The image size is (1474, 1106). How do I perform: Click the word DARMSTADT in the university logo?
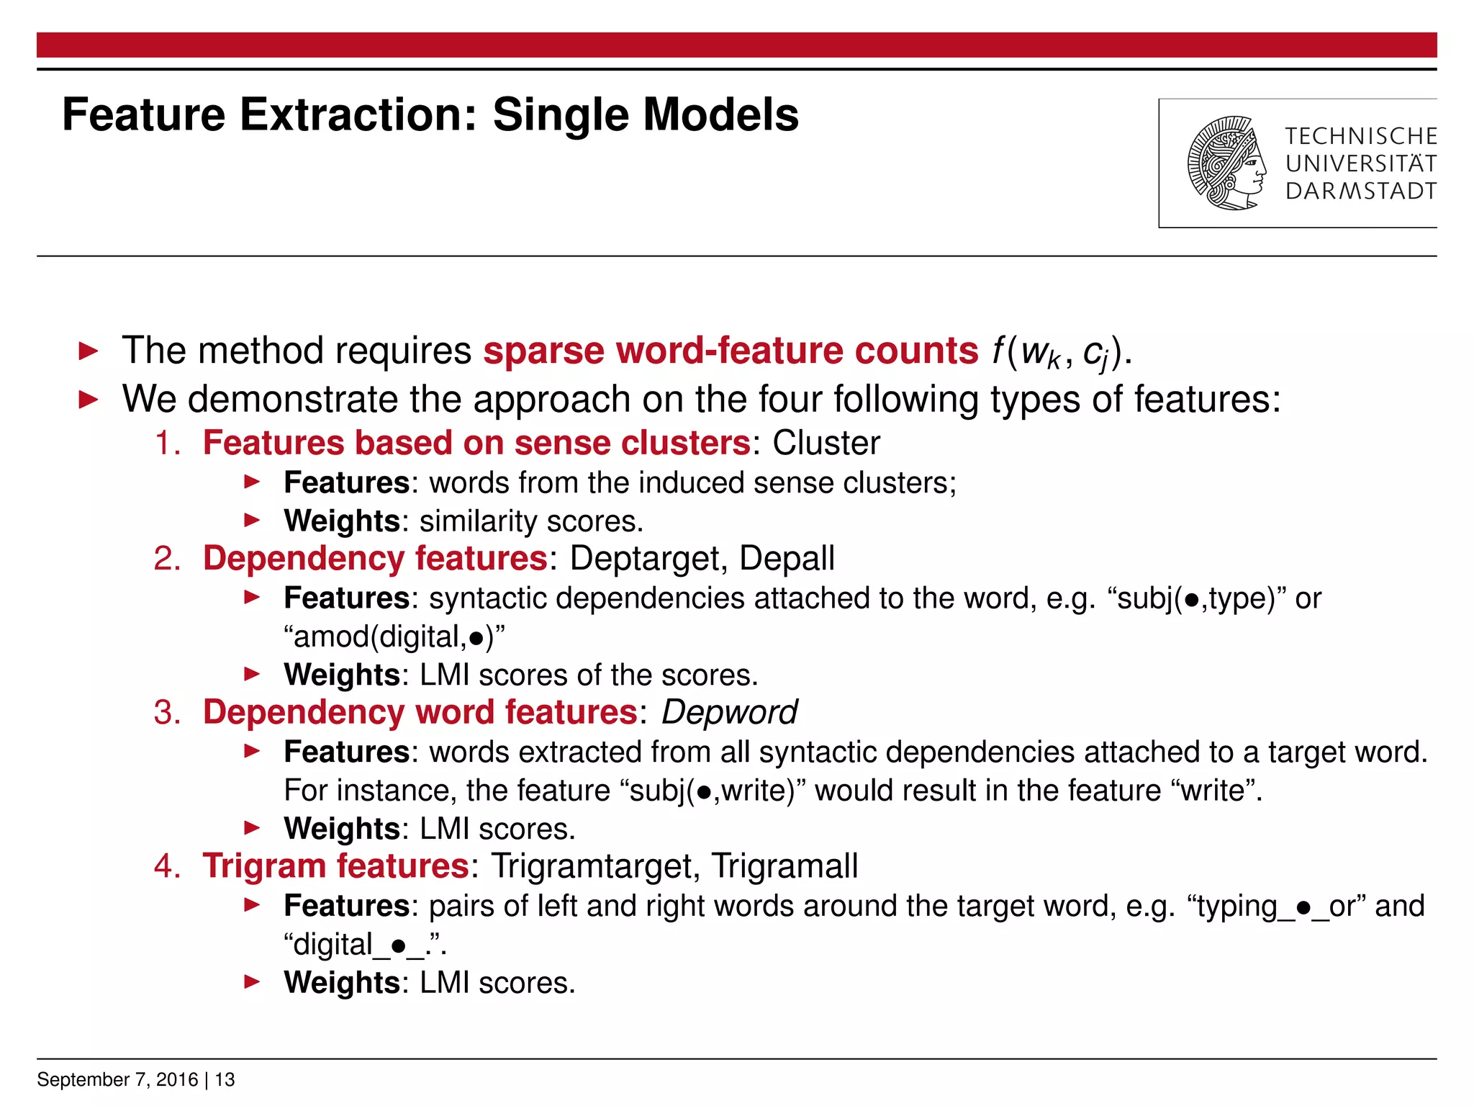(1360, 192)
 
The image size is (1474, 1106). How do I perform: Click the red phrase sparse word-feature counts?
(730, 351)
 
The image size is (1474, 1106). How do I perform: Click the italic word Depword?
(728, 713)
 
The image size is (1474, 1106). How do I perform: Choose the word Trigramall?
(785, 866)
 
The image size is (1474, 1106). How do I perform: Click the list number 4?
(166, 866)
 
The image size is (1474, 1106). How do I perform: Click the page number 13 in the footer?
(225, 1079)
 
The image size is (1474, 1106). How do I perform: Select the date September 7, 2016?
(117, 1079)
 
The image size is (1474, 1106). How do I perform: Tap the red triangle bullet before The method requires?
(88, 352)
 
